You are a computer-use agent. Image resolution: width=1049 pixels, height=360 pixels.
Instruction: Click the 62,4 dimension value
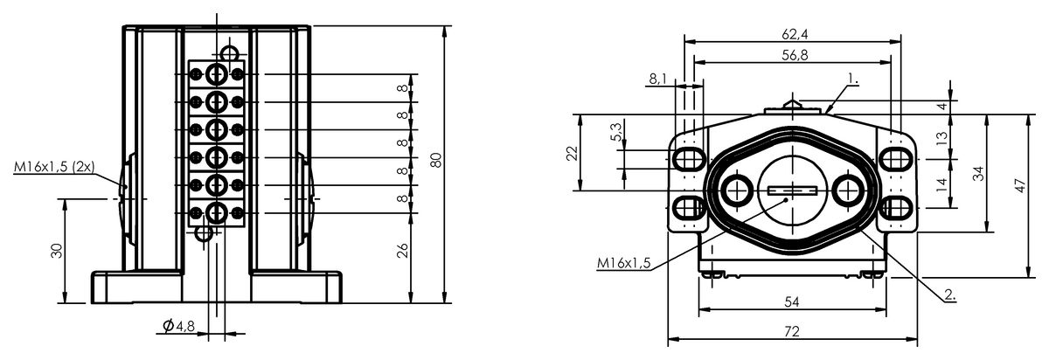point(795,34)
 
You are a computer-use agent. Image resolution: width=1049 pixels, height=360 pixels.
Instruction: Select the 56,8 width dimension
point(795,55)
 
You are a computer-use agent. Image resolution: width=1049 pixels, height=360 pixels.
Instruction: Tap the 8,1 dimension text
point(658,80)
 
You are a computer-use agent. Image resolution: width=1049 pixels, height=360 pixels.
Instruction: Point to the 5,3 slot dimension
point(616,132)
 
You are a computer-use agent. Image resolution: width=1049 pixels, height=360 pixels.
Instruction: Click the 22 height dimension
point(573,153)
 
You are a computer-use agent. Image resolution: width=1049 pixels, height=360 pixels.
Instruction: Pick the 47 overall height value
point(1020,185)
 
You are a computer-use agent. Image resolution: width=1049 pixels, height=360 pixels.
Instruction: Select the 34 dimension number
point(978,174)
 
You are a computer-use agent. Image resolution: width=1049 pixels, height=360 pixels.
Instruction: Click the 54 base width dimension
point(792,302)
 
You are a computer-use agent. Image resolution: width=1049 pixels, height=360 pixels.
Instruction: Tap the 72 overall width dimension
point(792,331)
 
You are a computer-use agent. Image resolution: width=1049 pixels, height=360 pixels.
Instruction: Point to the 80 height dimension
point(435,160)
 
